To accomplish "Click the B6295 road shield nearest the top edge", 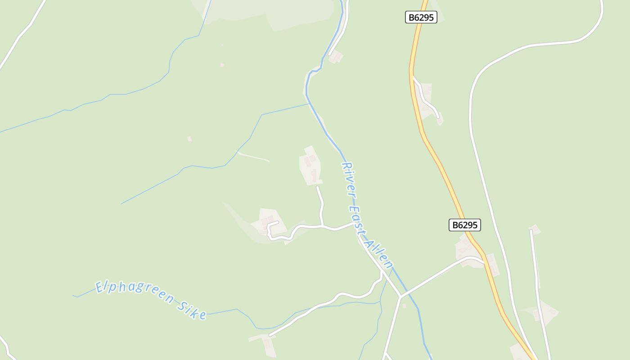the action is point(421,18).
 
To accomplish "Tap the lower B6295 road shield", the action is point(464,225).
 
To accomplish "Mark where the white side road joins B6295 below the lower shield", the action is point(484,262).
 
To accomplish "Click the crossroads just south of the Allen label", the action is point(400,297).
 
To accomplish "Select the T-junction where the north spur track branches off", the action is point(322,226).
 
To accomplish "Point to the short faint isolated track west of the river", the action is point(253,157).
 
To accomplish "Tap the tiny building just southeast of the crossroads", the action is point(404,306).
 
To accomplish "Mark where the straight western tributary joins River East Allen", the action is point(309,104).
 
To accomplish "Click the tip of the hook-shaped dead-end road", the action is point(278,222).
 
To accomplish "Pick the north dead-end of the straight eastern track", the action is point(531,231).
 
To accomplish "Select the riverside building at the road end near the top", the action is point(335,57).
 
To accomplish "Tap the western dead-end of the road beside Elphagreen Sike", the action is point(270,336).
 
